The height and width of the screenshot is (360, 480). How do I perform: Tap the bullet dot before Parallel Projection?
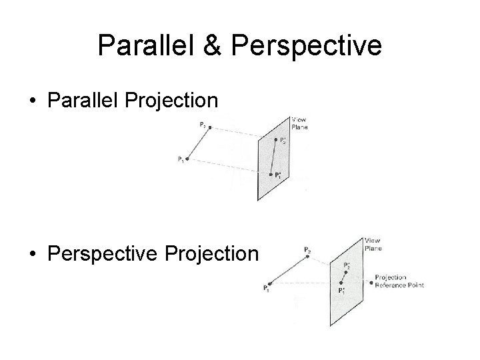pos(32,101)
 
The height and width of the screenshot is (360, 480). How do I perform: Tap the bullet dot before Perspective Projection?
pos(32,254)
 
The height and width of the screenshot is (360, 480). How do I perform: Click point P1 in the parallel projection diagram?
pos(187,159)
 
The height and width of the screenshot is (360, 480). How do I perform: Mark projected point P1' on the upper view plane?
pos(270,175)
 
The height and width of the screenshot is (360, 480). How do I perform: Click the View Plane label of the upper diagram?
pos(299,123)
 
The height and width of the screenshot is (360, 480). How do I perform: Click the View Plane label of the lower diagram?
pos(373,244)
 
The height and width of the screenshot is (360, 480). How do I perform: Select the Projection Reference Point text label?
pos(399,281)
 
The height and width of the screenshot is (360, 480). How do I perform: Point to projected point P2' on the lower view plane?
pos(347,272)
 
